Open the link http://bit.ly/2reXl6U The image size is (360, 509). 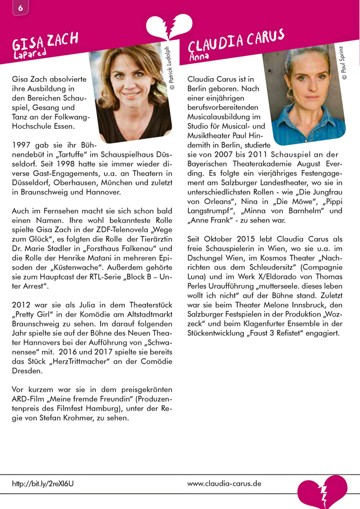pos(43,484)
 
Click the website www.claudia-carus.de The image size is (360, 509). pos(224,483)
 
